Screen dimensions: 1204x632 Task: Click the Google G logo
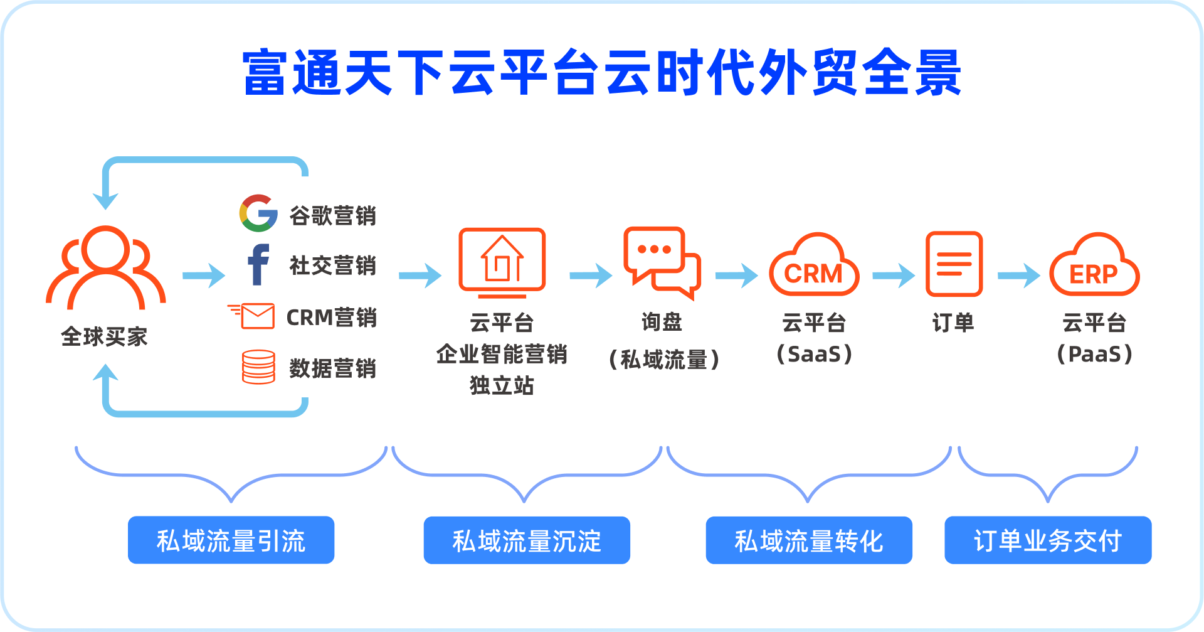point(258,213)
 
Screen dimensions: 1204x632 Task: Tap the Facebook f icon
point(258,264)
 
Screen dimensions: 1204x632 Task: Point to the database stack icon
point(258,367)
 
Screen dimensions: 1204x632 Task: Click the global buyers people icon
point(106,267)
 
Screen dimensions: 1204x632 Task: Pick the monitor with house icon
point(502,263)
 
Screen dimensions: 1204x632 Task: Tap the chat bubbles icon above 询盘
point(662,263)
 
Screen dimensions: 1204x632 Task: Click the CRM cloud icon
point(814,264)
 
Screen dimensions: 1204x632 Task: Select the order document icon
point(954,264)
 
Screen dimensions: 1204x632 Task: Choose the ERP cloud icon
point(1094,264)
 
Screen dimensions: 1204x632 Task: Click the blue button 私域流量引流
point(231,540)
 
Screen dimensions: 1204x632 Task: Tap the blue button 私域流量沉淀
point(527,540)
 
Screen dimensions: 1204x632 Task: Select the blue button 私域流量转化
point(809,540)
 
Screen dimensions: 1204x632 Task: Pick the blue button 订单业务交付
point(1048,540)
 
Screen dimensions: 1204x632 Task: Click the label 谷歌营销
point(332,215)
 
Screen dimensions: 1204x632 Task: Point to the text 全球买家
point(104,336)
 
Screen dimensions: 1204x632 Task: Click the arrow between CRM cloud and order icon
point(894,276)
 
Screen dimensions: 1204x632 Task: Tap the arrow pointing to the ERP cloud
point(1019,276)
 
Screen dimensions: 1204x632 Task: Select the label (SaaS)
point(814,354)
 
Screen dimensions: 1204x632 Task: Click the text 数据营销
point(332,368)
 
